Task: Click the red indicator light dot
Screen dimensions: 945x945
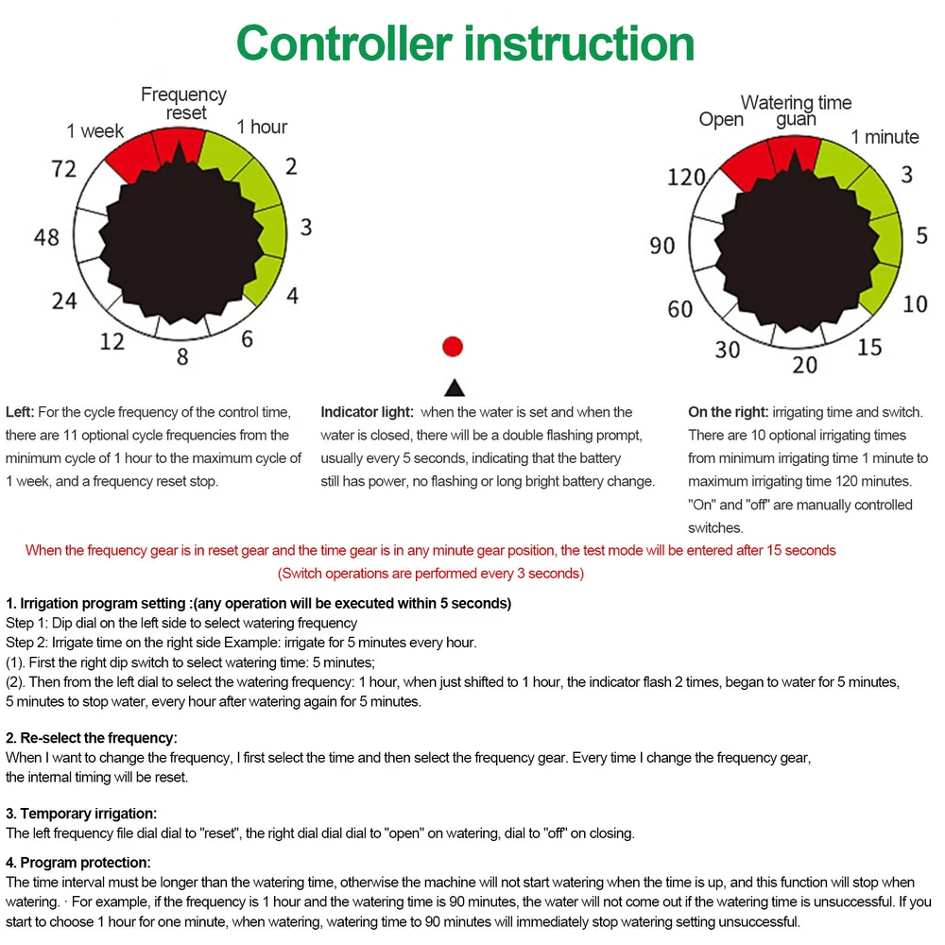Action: point(453,347)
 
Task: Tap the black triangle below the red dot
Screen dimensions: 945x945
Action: point(455,387)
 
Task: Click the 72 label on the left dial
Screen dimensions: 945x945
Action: point(64,170)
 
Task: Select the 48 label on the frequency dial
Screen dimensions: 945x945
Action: point(46,236)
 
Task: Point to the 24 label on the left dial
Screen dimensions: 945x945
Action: point(64,301)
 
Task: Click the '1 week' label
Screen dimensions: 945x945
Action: point(94,131)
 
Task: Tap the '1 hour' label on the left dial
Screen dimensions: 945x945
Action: point(262,127)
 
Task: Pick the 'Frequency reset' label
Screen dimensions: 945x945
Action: point(183,103)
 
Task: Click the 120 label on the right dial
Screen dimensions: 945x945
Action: point(686,178)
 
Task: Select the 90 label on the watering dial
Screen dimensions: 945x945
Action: point(662,246)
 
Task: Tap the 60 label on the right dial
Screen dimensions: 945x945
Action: point(680,309)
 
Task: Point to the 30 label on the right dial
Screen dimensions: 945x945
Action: point(728,350)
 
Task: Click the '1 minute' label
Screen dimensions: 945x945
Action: point(885,137)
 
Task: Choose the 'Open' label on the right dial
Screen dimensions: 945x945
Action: point(721,120)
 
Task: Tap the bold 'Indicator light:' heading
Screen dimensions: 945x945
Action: point(367,412)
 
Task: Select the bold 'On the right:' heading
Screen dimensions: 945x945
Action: point(728,412)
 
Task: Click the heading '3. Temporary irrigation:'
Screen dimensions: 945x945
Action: point(81,813)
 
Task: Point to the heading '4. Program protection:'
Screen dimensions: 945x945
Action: point(77,862)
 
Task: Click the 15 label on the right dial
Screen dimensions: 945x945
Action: point(868,347)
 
